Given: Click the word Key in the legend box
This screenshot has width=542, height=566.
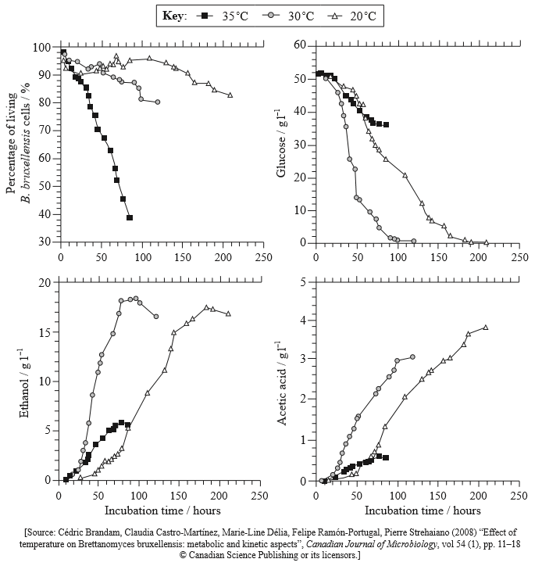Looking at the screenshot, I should (x=175, y=16).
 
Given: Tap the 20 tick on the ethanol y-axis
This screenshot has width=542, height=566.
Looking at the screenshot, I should (x=48, y=282).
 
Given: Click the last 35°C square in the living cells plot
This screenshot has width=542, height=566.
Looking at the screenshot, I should (x=130, y=217).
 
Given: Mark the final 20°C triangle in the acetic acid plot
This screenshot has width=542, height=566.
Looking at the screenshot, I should (x=486, y=328).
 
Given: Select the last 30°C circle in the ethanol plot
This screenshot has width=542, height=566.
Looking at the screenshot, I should (x=156, y=317).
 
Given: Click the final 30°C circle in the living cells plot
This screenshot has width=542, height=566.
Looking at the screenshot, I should (x=158, y=102).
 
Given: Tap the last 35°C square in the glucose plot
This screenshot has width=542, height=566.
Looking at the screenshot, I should (x=386, y=124).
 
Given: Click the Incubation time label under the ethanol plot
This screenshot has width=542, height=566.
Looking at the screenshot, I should (x=162, y=511).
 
